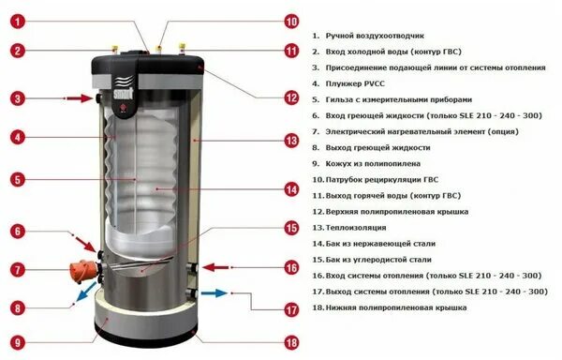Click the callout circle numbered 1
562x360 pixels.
pyautogui.click(x=18, y=17)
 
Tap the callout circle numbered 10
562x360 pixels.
pyautogui.click(x=291, y=20)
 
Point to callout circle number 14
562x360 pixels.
pyautogui.click(x=291, y=189)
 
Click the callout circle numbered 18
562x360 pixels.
pyautogui.click(x=291, y=343)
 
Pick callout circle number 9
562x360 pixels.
pyautogui.click(x=18, y=342)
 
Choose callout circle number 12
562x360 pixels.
pyautogui.click(x=291, y=97)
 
